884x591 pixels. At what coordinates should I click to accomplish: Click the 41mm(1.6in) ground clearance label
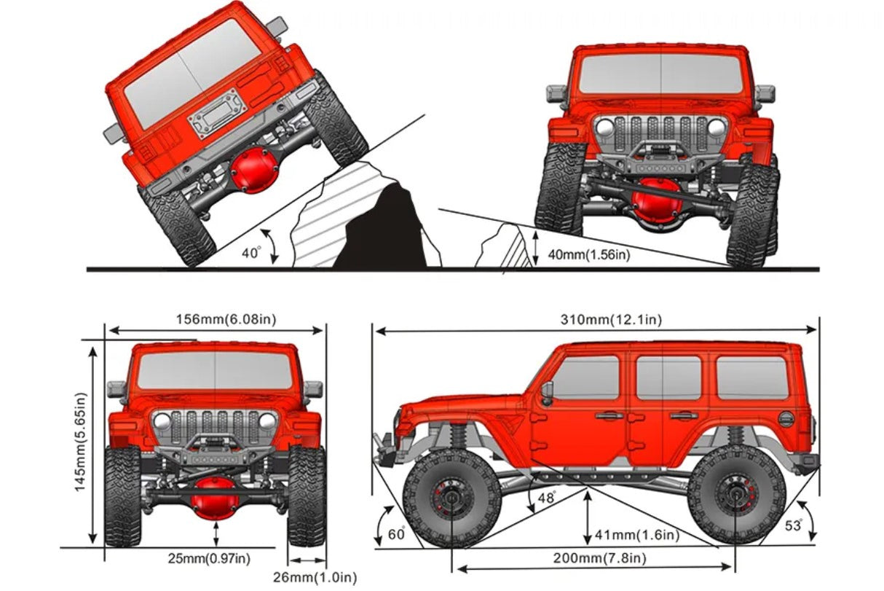[x=636, y=536]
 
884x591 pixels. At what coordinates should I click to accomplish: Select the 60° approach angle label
[x=396, y=534]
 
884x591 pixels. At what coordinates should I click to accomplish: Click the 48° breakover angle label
[x=546, y=498]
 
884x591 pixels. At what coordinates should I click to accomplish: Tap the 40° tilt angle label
[x=250, y=253]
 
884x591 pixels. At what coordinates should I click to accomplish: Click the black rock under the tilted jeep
[x=385, y=230]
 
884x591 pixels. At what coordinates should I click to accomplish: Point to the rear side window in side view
[x=751, y=377]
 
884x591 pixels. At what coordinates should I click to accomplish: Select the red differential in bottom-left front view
[x=216, y=503]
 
